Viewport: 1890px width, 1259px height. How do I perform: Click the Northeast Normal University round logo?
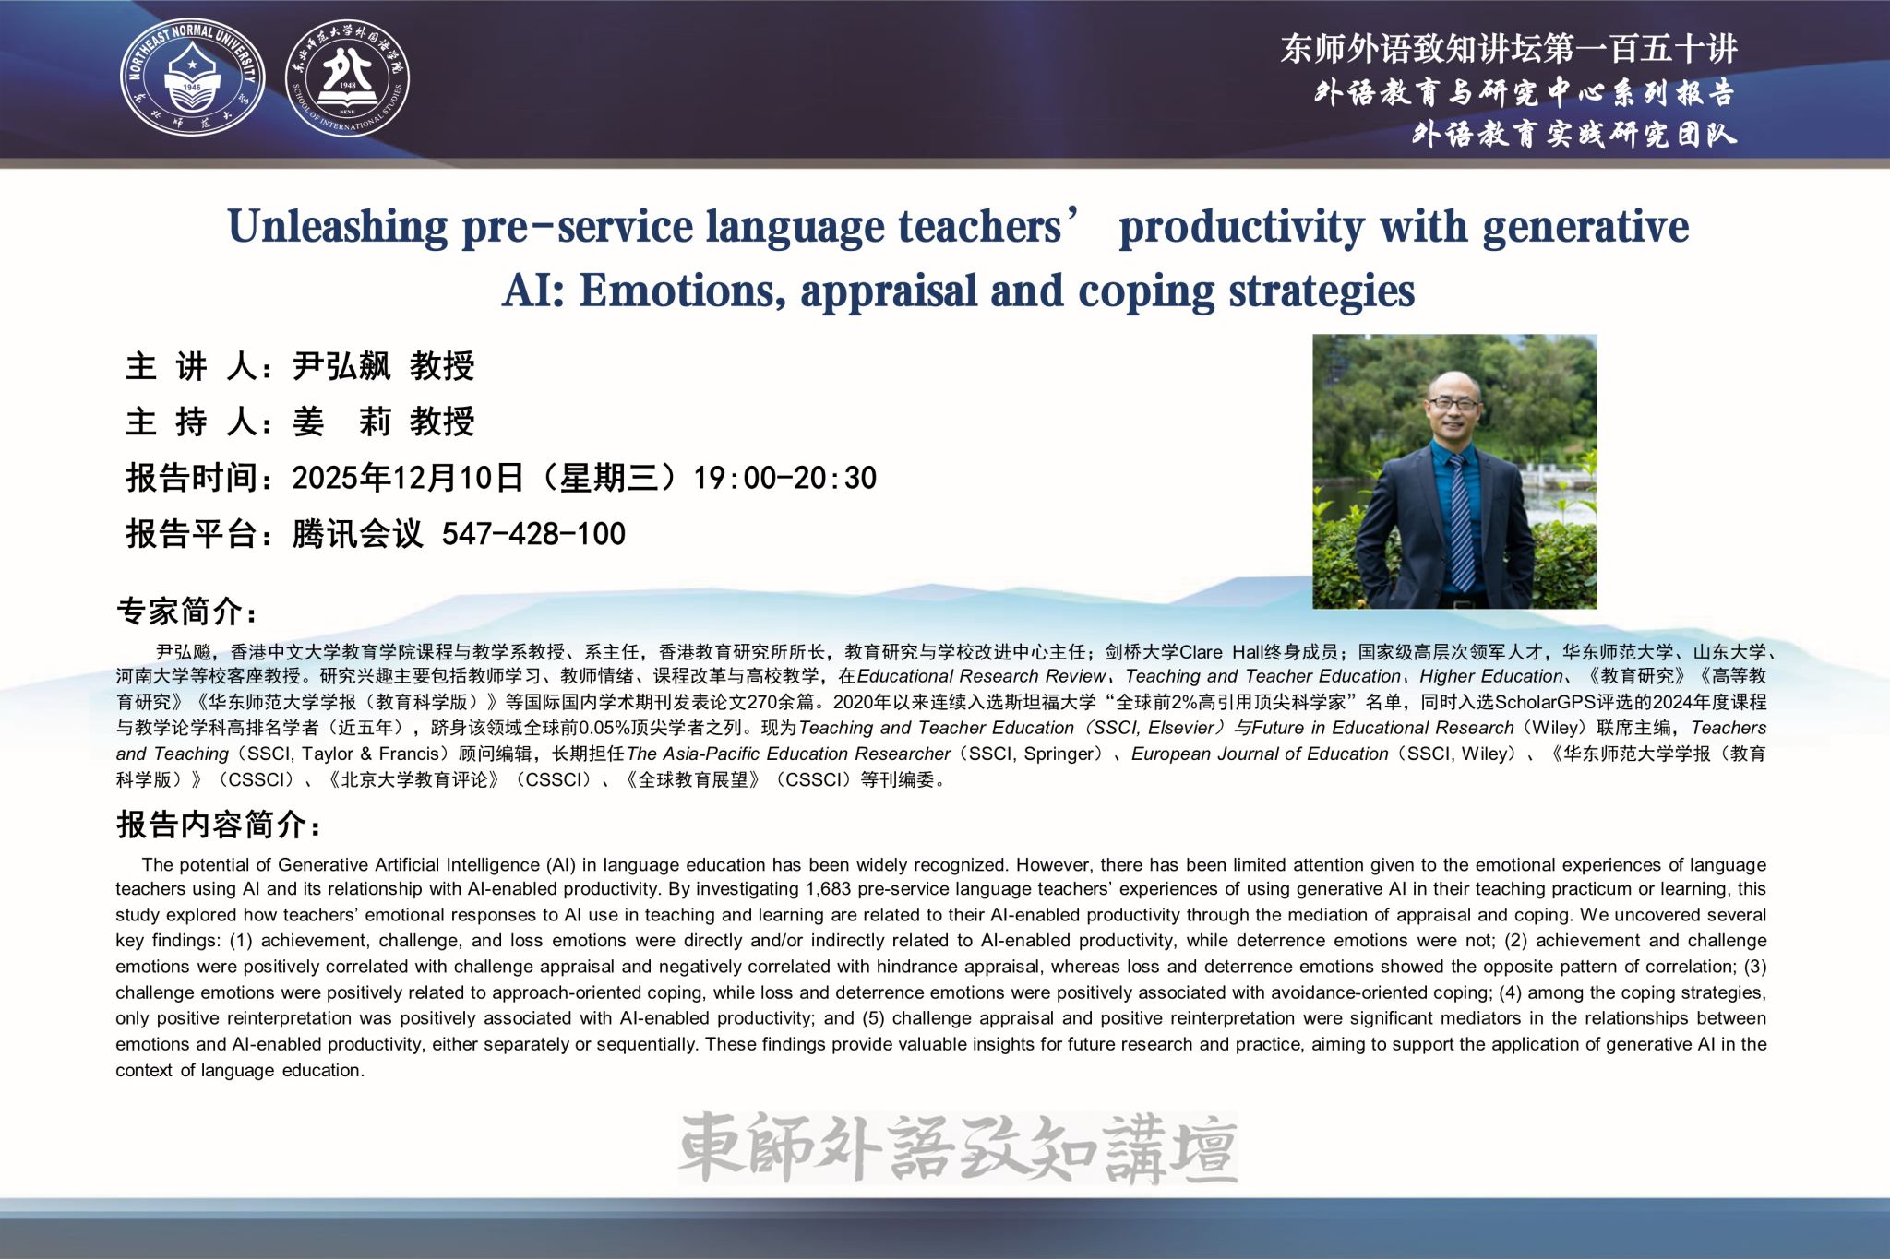pyautogui.click(x=193, y=77)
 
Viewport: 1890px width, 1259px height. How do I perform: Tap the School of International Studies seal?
pyautogui.click(x=347, y=77)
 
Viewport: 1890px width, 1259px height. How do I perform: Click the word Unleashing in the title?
pyautogui.click(x=338, y=226)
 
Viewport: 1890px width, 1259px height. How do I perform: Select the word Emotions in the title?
pyautogui.click(x=682, y=291)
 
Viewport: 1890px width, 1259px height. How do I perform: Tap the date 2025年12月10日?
pyautogui.click(x=409, y=478)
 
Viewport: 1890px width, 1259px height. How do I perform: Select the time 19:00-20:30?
pyautogui.click(x=785, y=478)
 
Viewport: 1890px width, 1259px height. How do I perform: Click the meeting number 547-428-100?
pyautogui.click(x=533, y=534)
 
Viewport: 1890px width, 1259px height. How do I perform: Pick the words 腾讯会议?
pyautogui.click(x=358, y=534)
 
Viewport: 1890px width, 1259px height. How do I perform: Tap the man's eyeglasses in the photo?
pyautogui.click(x=1452, y=403)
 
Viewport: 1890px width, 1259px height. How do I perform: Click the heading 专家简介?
pyautogui.click(x=188, y=612)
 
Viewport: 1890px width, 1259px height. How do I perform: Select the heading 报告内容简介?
pyautogui.click(x=220, y=825)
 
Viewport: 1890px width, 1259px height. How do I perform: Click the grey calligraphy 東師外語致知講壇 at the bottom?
pyautogui.click(x=957, y=1148)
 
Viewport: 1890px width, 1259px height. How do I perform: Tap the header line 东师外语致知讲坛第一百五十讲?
pyautogui.click(x=1509, y=49)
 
